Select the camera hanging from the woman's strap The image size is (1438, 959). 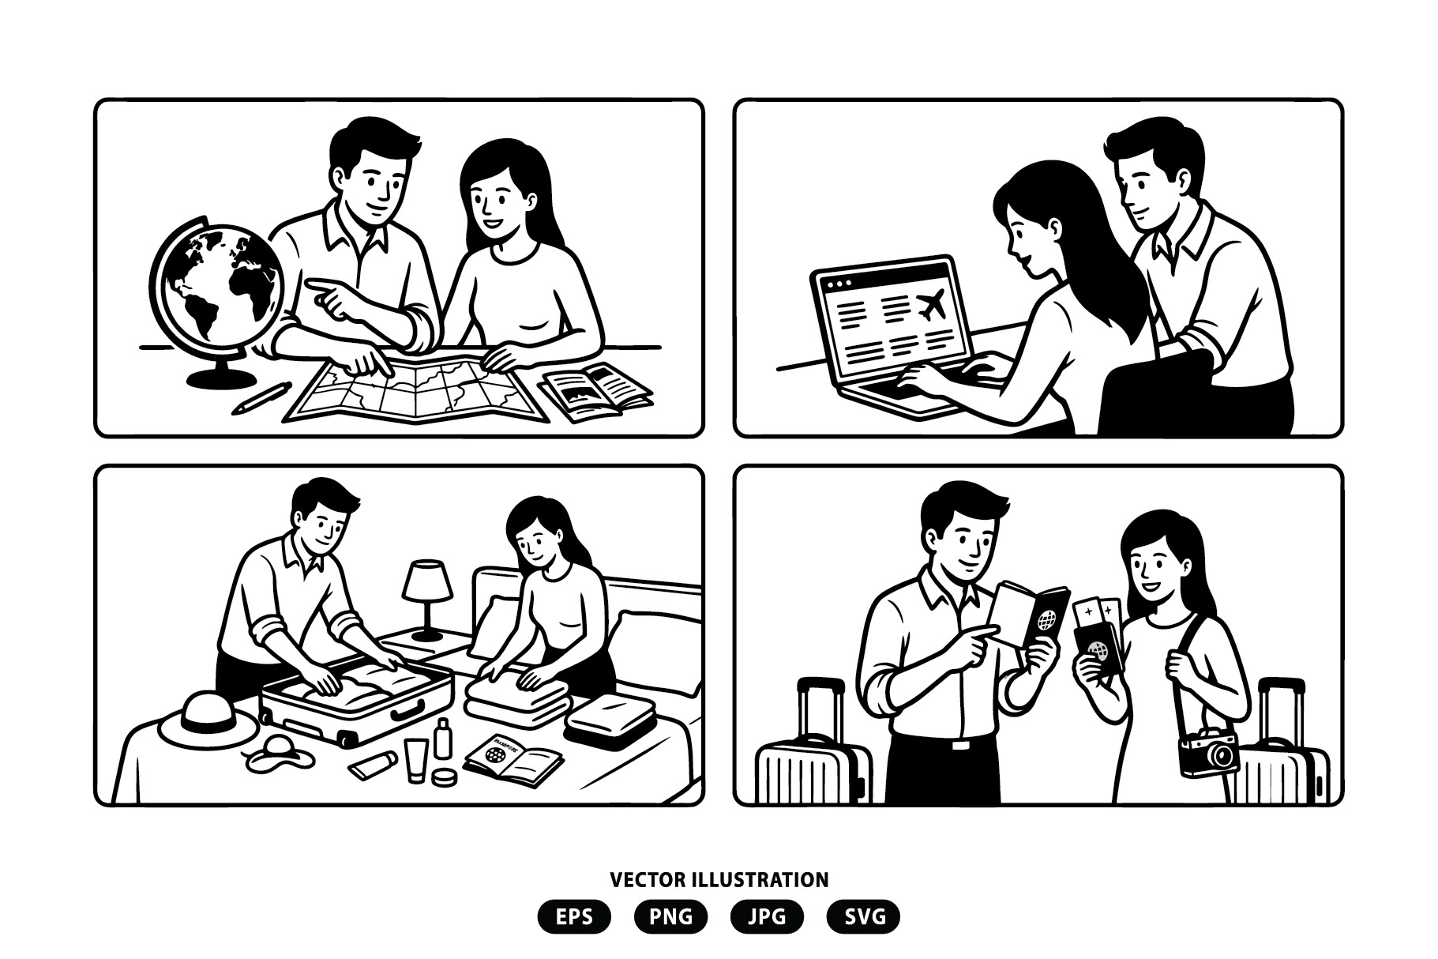coord(1208,753)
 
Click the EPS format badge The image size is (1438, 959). coord(574,916)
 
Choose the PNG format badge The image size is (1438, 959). coord(670,916)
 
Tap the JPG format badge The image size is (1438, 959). coord(767,916)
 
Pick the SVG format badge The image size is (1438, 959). coord(863,916)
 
